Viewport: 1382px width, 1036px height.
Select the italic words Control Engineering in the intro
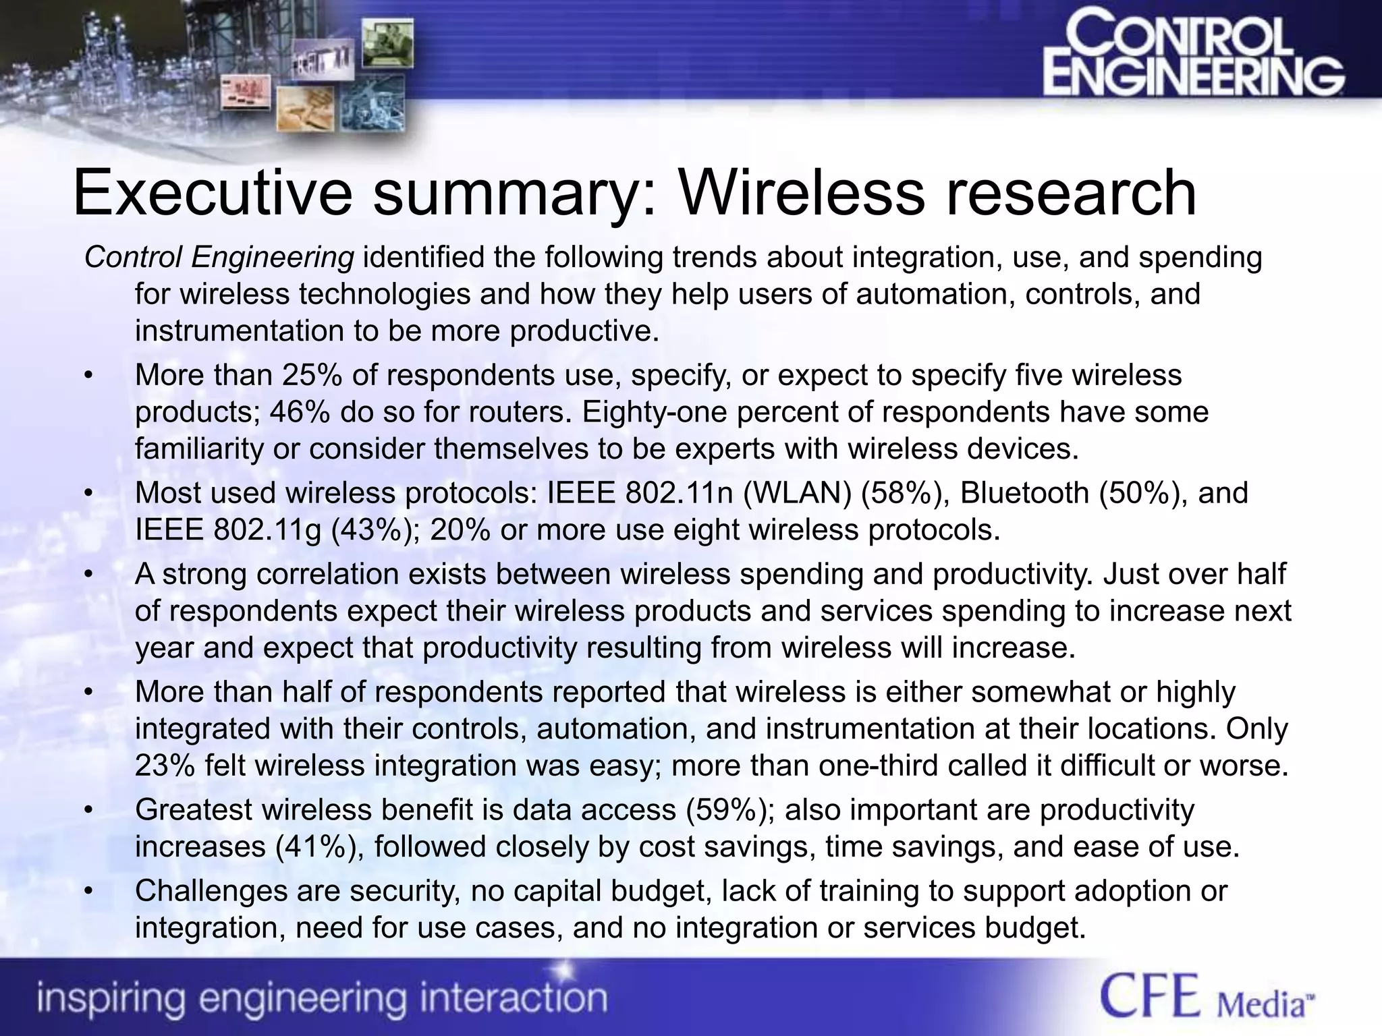point(219,257)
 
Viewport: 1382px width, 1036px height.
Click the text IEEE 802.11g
point(228,530)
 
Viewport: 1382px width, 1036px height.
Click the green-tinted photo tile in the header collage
point(387,42)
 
